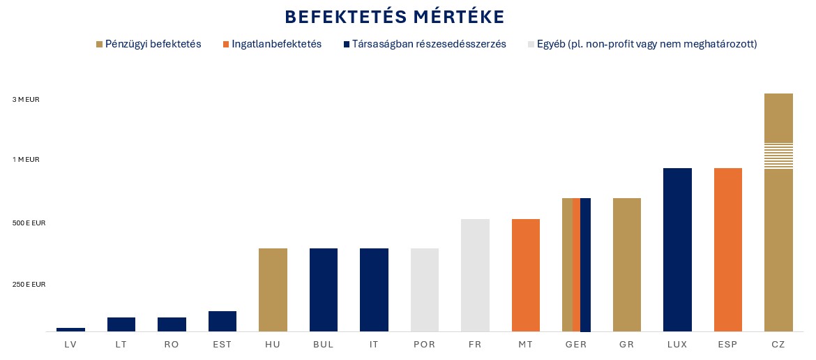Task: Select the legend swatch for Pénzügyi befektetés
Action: tap(99, 44)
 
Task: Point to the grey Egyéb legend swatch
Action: tap(531, 44)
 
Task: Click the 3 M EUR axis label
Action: tap(26, 100)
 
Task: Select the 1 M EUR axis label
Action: tap(26, 160)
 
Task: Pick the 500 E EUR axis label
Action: tap(29, 223)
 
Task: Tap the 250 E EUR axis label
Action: tap(29, 285)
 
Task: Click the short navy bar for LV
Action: tap(70, 329)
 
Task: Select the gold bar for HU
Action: tap(273, 290)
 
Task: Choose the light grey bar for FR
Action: tap(475, 275)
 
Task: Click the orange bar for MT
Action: tap(526, 275)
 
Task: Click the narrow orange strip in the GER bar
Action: tap(576, 264)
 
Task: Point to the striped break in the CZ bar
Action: tap(779, 156)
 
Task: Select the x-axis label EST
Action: tap(222, 344)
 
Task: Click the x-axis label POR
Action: tap(425, 344)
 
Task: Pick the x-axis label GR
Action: tap(627, 344)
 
